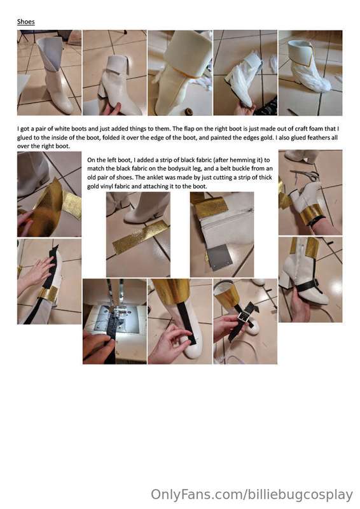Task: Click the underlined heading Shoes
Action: pyautogui.click(x=25, y=22)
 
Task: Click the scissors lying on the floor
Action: pyautogui.click(x=306, y=174)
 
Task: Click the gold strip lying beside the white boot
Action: pyautogui.click(x=139, y=237)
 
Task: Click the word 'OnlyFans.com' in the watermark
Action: pyautogui.click(x=196, y=494)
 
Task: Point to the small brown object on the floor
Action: pyautogui.click(x=188, y=111)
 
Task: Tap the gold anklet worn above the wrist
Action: pyautogui.click(x=312, y=214)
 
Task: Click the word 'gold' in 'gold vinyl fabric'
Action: pyautogui.click(x=93, y=186)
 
